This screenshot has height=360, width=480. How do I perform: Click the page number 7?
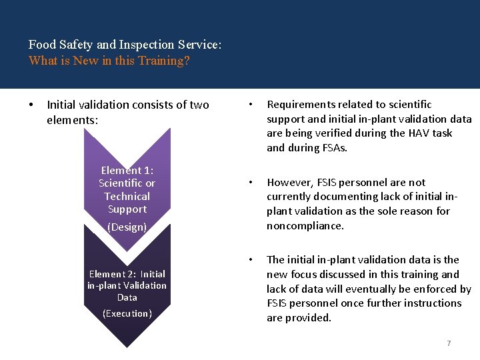[x=449, y=343]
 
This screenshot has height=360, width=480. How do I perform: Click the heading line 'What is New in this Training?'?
[x=109, y=61]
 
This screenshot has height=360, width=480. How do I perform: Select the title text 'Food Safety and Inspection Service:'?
[x=125, y=45]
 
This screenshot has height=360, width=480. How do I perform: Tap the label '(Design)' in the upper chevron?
[x=127, y=227]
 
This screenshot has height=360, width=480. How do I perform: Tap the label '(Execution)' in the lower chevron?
[x=127, y=313]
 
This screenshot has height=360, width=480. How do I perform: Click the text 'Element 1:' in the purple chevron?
[x=127, y=170]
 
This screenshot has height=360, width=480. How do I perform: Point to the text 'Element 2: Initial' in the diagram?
[x=127, y=274]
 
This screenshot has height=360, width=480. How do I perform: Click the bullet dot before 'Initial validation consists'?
[x=31, y=105]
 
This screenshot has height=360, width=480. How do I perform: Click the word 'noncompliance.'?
[x=305, y=226]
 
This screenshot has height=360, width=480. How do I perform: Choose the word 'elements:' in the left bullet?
[x=72, y=120]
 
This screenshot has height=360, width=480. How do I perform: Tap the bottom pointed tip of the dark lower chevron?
[x=127, y=345]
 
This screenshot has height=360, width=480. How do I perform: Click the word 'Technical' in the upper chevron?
[x=127, y=196]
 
